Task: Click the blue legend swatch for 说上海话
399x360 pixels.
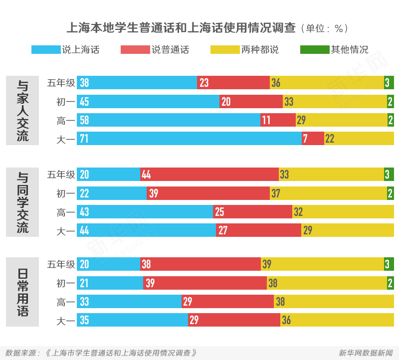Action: [x=46, y=50]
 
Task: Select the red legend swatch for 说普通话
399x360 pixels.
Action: [x=135, y=50]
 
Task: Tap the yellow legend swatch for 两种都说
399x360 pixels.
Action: [x=225, y=50]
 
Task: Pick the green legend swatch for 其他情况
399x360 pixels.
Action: [x=315, y=50]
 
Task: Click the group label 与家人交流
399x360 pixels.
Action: [x=22, y=110]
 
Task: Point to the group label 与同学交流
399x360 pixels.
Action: [x=22, y=202]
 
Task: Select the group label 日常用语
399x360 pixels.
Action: [x=22, y=292]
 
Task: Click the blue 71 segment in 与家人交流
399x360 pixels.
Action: [x=190, y=139]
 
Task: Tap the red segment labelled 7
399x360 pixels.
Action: [x=313, y=139]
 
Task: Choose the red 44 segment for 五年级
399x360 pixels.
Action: [x=209, y=175]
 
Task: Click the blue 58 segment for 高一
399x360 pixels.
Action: [x=169, y=120]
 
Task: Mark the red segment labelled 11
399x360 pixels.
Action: [x=278, y=120]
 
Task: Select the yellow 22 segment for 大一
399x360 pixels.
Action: [x=359, y=139]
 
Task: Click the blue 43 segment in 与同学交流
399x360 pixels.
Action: [x=145, y=212]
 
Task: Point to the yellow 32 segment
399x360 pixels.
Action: [x=343, y=212]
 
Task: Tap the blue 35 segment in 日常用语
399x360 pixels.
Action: [x=132, y=320]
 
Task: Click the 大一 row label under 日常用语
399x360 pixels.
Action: [x=66, y=320]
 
